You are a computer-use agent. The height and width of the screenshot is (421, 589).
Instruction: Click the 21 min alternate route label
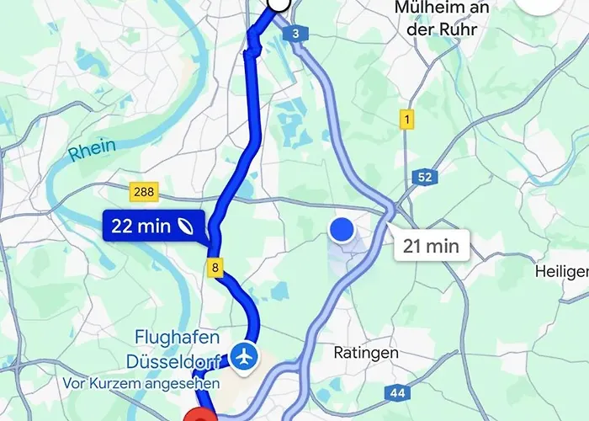tap(430, 246)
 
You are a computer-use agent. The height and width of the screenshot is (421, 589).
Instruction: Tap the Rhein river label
tap(92, 152)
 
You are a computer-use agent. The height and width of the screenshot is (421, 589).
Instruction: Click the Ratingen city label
tap(366, 353)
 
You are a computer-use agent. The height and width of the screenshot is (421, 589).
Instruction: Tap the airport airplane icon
tap(245, 355)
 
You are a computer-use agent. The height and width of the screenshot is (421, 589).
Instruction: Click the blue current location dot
tap(341, 229)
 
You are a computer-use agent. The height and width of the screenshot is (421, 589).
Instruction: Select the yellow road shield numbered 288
tap(144, 192)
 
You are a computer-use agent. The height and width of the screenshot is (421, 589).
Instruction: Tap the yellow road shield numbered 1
tap(406, 120)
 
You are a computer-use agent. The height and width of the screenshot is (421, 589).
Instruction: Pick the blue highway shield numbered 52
tap(425, 177)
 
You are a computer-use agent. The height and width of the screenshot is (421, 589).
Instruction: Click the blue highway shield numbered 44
tap(398, 392)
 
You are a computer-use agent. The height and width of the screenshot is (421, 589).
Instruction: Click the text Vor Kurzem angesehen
tap(141, 383)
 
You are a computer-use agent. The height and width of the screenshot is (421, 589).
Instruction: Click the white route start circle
tap(278, 4)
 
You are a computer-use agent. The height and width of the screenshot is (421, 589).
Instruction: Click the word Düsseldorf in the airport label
tap(174, 361)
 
